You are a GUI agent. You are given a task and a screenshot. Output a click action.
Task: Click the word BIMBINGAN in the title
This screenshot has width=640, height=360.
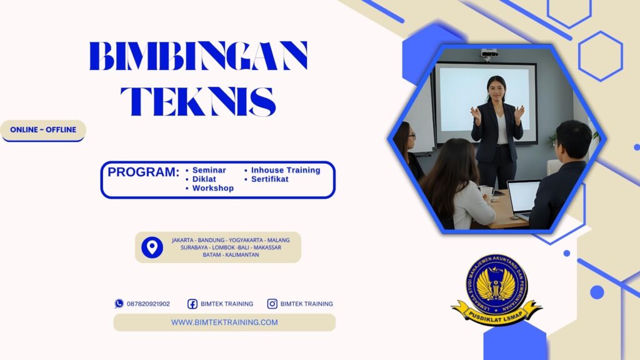(198, 56)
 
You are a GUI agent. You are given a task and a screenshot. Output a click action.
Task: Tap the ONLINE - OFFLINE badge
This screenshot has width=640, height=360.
(43, 130)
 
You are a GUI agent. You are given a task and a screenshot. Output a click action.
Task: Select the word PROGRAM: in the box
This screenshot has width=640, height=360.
(143, 172)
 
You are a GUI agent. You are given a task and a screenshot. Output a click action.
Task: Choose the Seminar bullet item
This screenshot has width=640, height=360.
(209, 170)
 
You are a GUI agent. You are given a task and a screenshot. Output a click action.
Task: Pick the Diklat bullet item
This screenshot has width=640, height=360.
(204, 179)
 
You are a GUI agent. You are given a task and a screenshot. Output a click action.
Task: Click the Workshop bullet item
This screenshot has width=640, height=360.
(212, 188)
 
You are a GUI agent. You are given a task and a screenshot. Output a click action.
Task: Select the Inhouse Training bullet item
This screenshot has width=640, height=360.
(285, 170)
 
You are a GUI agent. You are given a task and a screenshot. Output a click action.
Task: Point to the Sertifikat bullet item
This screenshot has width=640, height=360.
(269, 179)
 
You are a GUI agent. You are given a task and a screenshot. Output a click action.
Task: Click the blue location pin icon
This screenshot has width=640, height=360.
(152, 247)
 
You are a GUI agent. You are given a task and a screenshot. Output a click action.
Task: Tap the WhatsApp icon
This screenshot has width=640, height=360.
(119, 304)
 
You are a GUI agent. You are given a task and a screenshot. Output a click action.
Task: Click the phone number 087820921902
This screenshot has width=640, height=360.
(148, 304)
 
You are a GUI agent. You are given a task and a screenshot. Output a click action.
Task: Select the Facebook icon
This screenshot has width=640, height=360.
(192, 304)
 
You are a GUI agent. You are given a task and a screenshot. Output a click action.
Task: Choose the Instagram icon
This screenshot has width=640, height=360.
(272, 304)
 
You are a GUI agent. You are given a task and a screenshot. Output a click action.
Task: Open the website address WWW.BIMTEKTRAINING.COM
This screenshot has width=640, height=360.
(224, 322)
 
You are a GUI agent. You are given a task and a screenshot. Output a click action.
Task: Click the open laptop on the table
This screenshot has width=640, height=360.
(522, 198)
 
